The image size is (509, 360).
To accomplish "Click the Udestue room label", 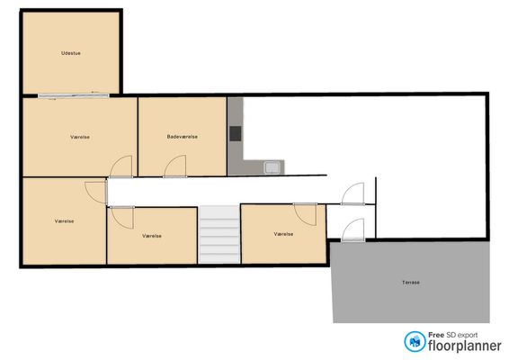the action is coord(71,53).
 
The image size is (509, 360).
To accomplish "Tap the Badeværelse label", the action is coord(183,137).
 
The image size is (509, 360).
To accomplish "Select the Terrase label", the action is coord(411,283).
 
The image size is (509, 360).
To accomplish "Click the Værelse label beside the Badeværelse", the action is coord(80,137).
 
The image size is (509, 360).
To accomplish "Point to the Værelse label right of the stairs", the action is coord(283,234).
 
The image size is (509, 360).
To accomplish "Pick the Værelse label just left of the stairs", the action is coord(152,236).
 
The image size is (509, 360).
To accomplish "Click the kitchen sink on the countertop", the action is coord(272,167).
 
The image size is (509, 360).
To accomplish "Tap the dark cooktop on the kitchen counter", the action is coord(236,133).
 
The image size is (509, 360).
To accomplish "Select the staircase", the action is coord(219,234).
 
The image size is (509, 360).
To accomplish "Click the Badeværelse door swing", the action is coord(175,166).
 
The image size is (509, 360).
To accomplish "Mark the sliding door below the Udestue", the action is coord(74,95).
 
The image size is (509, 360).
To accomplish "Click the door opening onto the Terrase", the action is coord(353,230).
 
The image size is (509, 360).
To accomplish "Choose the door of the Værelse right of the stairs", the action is coord(305,214).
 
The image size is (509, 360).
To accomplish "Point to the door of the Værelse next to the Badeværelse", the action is coord(121,166).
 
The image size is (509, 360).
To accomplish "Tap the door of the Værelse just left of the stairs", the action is coord(122,218).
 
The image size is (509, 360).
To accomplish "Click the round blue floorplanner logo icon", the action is coord(415,341).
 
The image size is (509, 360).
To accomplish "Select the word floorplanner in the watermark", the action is coord(465,346).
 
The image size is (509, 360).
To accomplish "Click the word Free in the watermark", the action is coord(436,335).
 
